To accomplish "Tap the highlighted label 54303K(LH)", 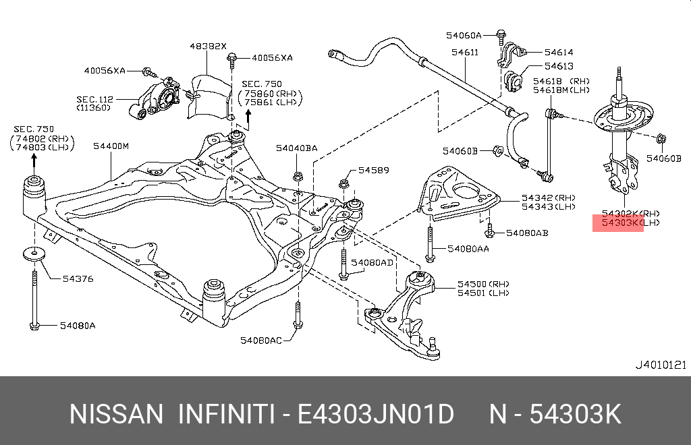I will point(618,222).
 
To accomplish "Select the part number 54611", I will point(466,52).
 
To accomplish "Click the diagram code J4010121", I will point(661,365).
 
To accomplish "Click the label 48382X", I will point(207,46).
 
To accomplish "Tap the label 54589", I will point(373,171).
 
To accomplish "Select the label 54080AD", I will point(372,262).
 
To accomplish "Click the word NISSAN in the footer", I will point(116,413).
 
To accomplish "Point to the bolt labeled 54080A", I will point(34,300).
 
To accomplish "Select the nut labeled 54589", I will point(344,183).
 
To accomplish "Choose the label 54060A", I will point(464,34).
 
